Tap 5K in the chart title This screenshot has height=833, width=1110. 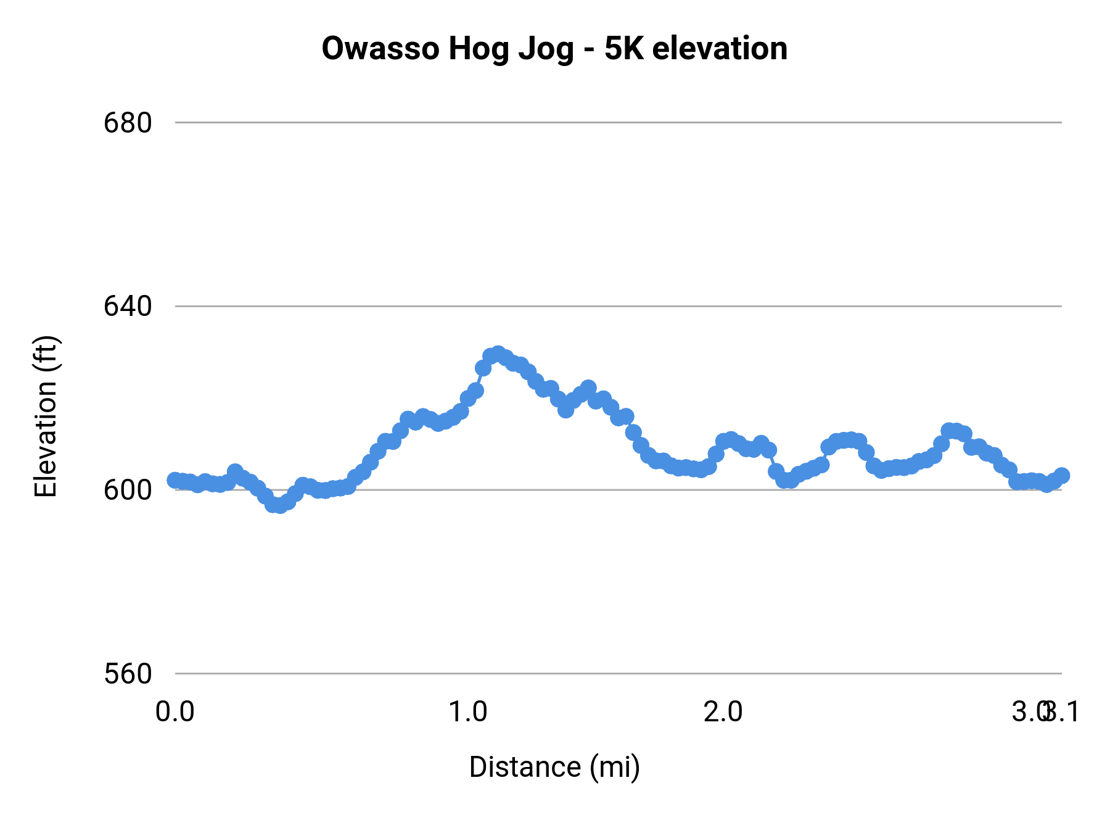pos(623,49)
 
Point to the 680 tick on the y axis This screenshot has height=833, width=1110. pos(128,123)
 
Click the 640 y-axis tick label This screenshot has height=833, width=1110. pos(128,306)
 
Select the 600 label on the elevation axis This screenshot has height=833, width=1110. pos(128,490)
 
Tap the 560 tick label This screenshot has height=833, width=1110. pos(128,674)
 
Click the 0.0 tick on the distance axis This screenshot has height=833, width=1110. pos(175,712)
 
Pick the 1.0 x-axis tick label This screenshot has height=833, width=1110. pos(467,712)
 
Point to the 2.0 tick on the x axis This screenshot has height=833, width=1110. pos(723,712)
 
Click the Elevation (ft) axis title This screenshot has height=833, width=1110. pos(46,416)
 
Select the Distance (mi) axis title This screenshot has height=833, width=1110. pos(554,767)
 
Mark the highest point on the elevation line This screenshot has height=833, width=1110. pos(498,354)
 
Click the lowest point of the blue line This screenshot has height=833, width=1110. pos(279,505)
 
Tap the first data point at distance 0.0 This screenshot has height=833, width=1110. pos(175,480)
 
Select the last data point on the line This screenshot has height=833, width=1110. pos(1061,475)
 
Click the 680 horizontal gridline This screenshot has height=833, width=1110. pos(617,123)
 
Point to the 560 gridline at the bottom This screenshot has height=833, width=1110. pos(617,674)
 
